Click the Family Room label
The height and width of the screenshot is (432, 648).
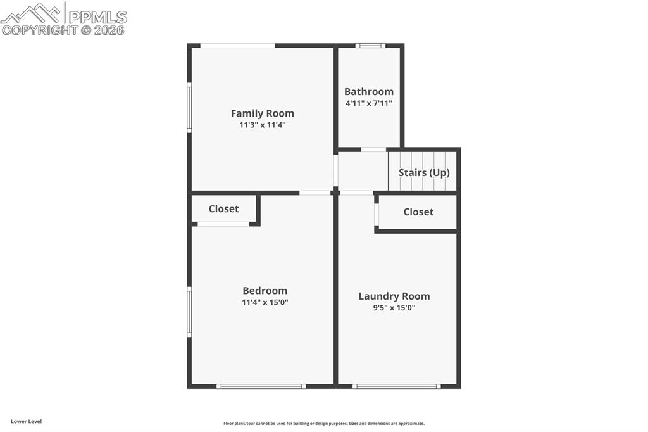(x=262, y=113)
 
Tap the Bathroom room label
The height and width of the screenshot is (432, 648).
(x=369, y=91)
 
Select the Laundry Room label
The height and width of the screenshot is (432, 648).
(x=394, y=296)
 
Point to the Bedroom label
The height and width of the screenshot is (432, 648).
(x=265, y=291)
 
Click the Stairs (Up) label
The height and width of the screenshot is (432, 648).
(x=424, y=172)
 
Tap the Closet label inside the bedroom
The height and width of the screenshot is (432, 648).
(x=223, y=208)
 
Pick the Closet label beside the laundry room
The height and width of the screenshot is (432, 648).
(x=418, y=212)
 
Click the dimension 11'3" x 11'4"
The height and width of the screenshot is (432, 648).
(x=262, y=125)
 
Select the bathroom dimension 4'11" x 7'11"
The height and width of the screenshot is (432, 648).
(x=369, y=103)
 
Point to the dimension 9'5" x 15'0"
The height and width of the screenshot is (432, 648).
(x=394, y=308)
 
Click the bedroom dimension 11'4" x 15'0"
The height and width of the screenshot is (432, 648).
(x=265, y=302)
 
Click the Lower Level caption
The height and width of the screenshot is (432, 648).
(x=26, y=421)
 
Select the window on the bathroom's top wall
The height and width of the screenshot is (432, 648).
(x=370, y=46)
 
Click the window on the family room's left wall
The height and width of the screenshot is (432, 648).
(x=189, y=107)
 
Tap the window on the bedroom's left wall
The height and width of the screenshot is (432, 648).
(x=189, y=311)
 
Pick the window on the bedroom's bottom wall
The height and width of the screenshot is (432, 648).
(x=261, y=386)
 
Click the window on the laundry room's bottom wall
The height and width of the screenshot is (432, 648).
(x=396, y=386)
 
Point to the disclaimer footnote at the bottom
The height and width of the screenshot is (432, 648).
(x=323, y=424)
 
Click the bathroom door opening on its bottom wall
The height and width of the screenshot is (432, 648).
(x=373, y=149)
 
